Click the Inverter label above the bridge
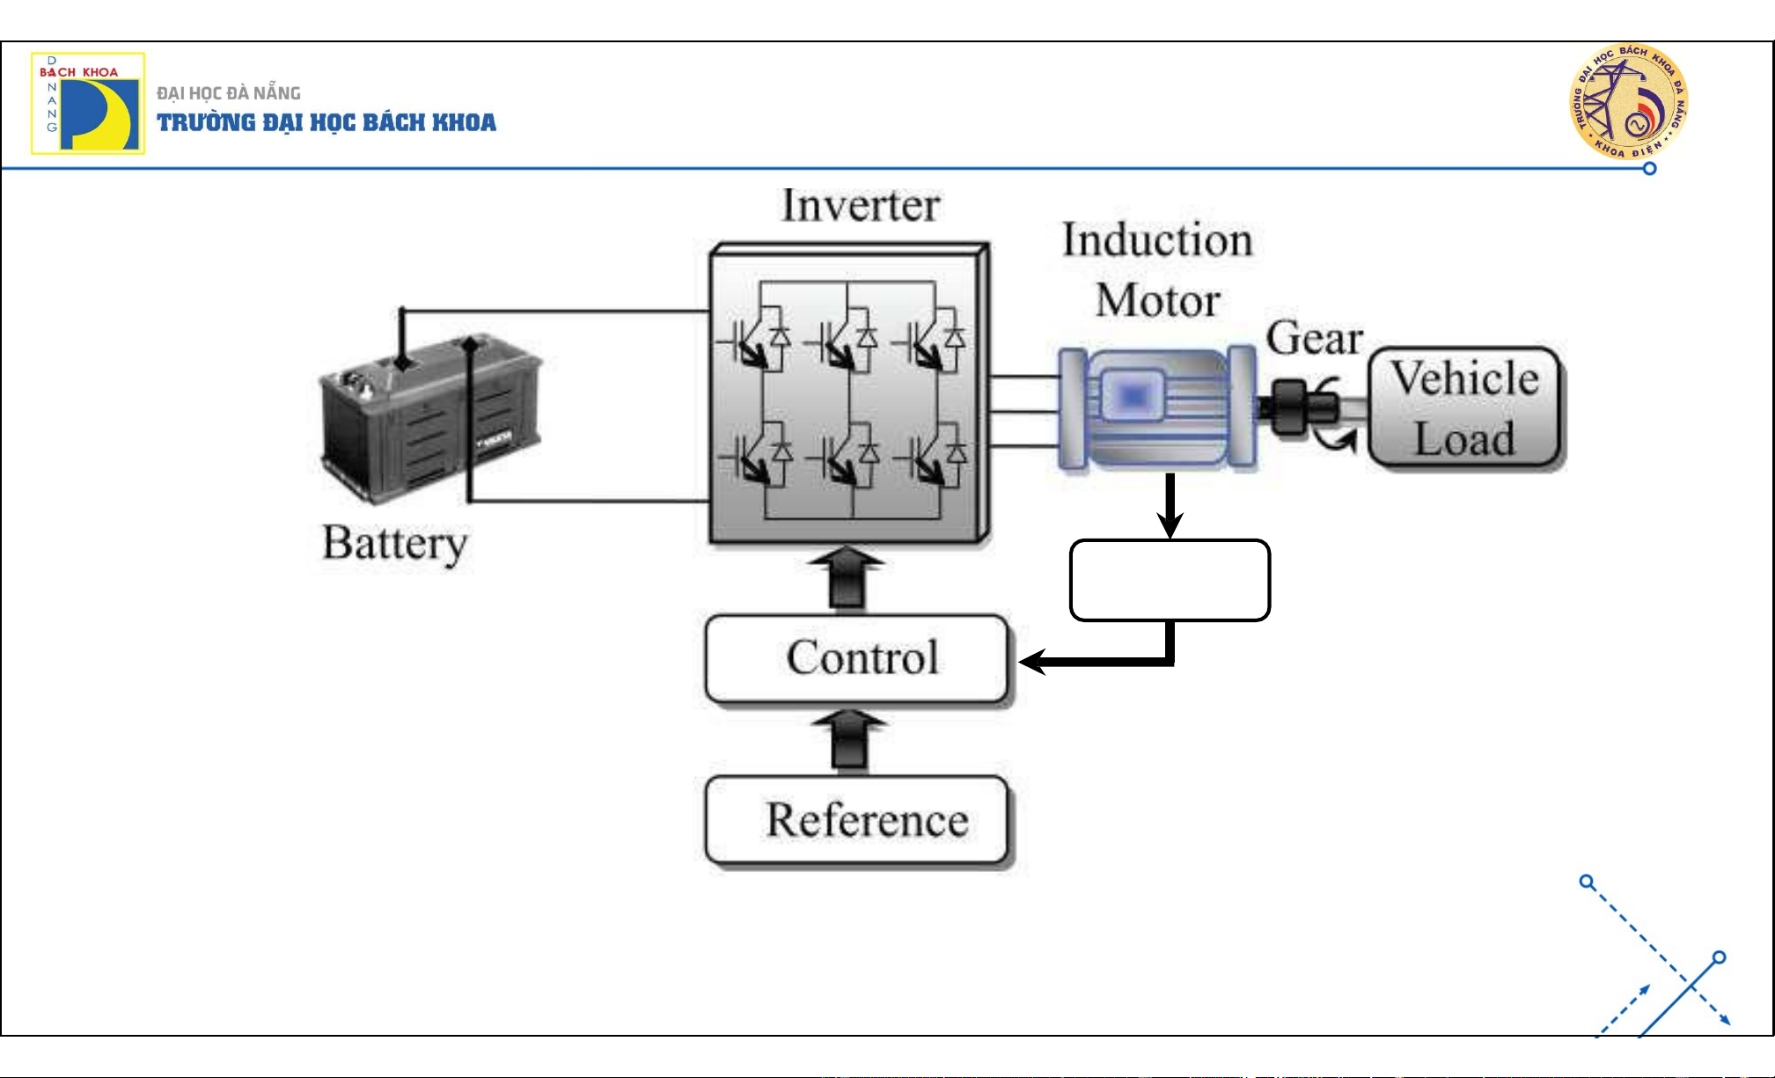pyautogui.click(x=861, y=206)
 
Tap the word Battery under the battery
pyautogui.click(x=394, y=543)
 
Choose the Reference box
pyautogui.click(x=857, y=820)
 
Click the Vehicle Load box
pyautogui.click(x=1464, y=407)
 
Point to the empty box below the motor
pyautogui.click(x=1170, y=581)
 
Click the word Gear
pyautogui.click(x=1314, y=339)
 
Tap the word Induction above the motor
pyautogui.click(x=1157, y=240)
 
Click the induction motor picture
pyautogui.click(x=1156, y=407)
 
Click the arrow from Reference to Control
pyautogui.click(x=848, y=741)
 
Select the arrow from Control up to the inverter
pyautogui.click(x=847, y=578)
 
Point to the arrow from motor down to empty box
pyautogui.click(x=1170, y=506)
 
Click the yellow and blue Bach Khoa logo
pyautogui.click(x=88, y=104)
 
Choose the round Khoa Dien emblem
pyautogui.click(x=1628, y=102)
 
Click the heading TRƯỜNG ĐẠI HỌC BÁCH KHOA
pyautogui.click(x=326, y=122)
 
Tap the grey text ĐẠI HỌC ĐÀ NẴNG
pyautogui.click(x=229, y=93)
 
